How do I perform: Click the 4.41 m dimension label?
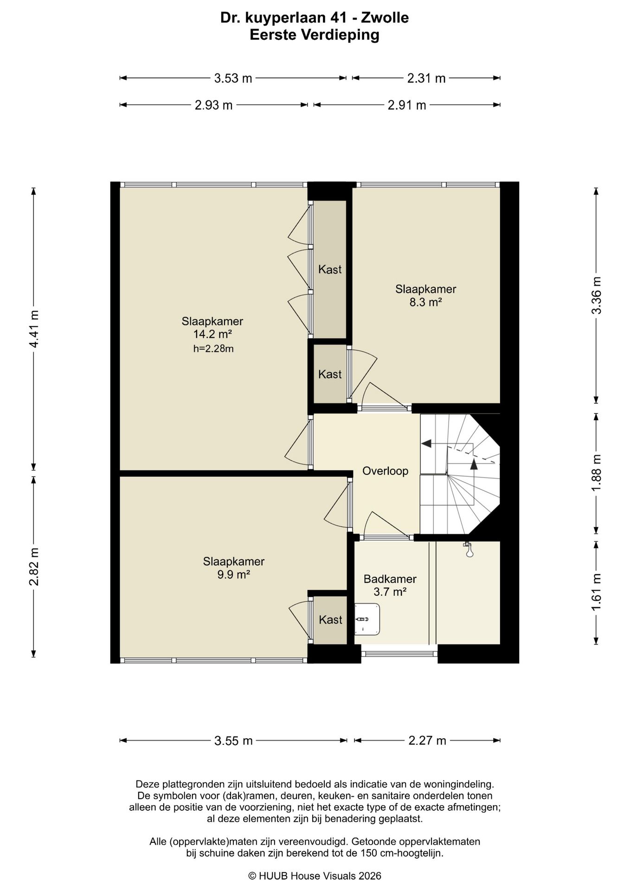[34, 329]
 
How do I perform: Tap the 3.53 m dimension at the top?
[233, 78]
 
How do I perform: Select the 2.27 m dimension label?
[427, 740]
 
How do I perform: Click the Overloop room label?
[385, 471]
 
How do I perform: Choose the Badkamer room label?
[390, 579]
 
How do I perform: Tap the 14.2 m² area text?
[212, 334]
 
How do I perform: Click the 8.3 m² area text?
[425, 302]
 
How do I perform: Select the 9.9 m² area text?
[234, 575]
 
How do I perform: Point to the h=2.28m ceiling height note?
[213, 349]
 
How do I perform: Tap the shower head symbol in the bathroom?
[469, 549]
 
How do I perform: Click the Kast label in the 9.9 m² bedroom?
[330, 620]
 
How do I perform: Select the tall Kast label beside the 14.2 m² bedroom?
[330, 269]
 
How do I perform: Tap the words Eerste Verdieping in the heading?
[315, 35]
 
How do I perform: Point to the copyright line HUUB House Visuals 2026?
[315, 876]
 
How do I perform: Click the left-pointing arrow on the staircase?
[426, 444]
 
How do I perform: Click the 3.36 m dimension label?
[597, 295]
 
